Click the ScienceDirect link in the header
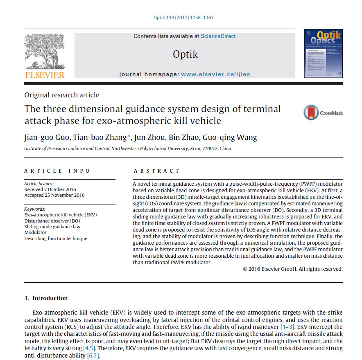point(218,36)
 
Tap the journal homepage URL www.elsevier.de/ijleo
point(215,74)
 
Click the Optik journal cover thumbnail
point(323,54)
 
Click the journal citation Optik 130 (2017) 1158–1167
point(183,18)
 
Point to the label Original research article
point(62,95)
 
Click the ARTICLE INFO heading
point(57,171)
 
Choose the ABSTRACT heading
point(157,171)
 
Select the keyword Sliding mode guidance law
point(52,227)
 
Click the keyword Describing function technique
point(56,239)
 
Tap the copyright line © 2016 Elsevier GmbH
point(292,269)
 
